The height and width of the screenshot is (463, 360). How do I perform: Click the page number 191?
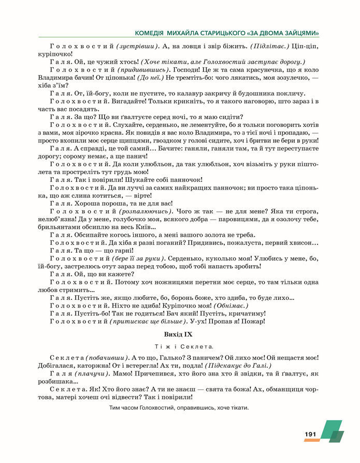(x=310, y=433)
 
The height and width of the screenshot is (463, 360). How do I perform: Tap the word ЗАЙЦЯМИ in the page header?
(x=300, y=32)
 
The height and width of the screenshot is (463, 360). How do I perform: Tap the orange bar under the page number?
(x=312, y=440)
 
